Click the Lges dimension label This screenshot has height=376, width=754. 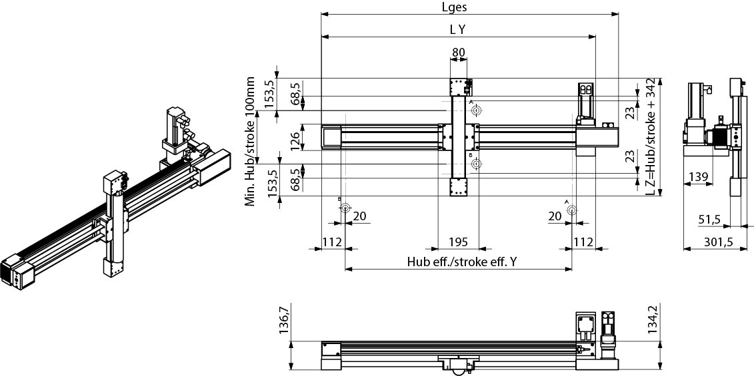(454, 7)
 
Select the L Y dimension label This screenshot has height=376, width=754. (457, 29)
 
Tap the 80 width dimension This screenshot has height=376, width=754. (458, 52)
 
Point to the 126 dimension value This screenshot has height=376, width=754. (295, 137)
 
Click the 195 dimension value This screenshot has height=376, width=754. (458, 242)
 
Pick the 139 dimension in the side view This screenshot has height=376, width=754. (698, 177)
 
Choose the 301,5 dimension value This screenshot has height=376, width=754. (719, 242)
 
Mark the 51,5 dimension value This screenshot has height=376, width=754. (709, 220)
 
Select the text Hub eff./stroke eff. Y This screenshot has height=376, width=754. (462, 262)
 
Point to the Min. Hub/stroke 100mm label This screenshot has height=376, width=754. (250, 142)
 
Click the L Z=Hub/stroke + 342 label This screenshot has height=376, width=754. (651, 137)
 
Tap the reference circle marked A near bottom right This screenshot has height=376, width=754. (572, 210)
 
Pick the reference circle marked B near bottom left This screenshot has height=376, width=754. (345, 208)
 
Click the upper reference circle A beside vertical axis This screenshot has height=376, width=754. (477, 111)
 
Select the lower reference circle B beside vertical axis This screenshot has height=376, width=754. (477, 164)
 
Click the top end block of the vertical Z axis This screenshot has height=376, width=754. (459, 87)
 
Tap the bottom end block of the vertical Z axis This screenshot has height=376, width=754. (459, 187)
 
